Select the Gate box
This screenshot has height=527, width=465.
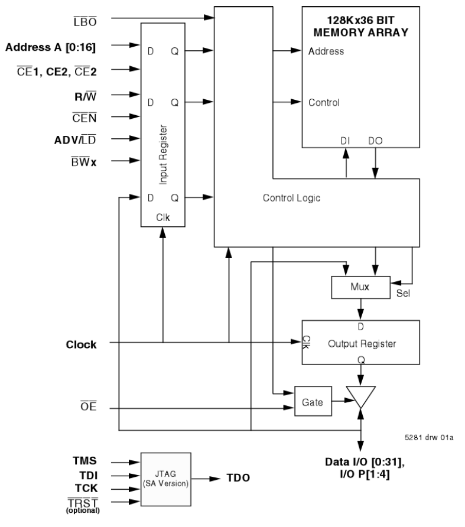(313, 401)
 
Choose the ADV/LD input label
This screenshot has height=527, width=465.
(76, 139)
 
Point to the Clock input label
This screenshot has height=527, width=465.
(81, 344)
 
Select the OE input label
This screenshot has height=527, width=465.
(88, 408)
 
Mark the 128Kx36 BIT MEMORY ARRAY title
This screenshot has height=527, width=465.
(361, 27)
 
